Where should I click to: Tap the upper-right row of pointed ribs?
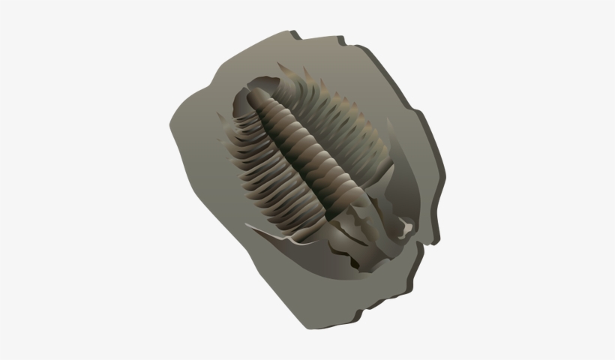[337, 112]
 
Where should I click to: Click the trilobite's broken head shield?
[375, 225]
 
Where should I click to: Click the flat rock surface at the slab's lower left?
[225, 225]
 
